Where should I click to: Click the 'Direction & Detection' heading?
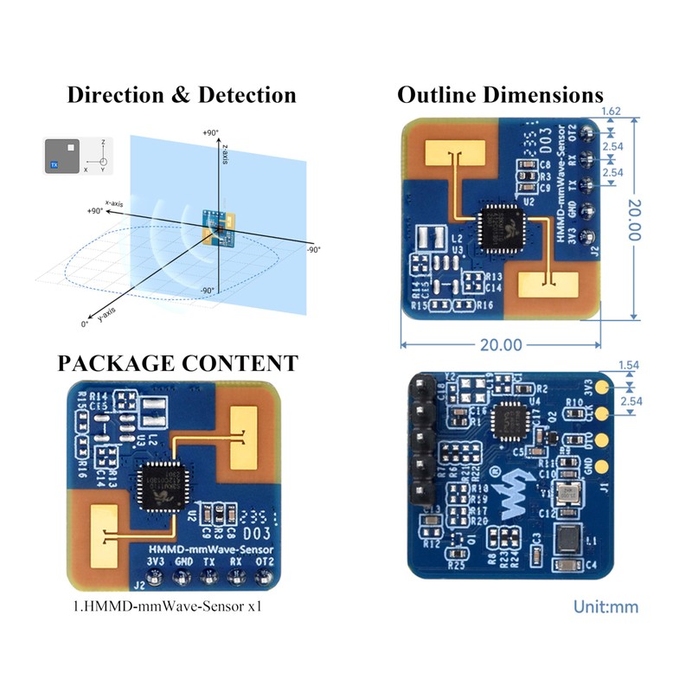tap(182, 95)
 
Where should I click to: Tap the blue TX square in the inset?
tap(54, 163)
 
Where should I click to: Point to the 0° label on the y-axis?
tap(85, 323)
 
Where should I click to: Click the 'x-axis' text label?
tap(112, 202)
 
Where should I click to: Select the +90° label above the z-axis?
tap(210, 133)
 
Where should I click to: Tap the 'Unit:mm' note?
tap(605, 606)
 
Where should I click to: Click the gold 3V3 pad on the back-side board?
tap(602, 382)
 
